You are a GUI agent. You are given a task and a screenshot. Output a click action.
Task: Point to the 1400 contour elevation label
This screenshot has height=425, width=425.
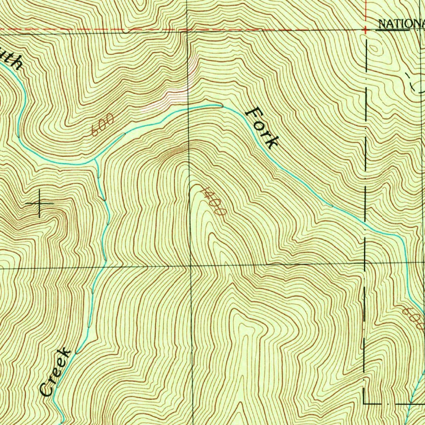212,200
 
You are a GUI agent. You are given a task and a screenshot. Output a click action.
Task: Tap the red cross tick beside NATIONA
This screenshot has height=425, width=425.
366,30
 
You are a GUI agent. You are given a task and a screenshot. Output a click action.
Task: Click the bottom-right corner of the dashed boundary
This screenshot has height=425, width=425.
364,403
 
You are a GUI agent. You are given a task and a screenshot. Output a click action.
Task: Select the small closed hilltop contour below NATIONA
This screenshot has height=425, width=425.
376,49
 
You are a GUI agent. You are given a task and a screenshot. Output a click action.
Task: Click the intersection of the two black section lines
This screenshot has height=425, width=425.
191,265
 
